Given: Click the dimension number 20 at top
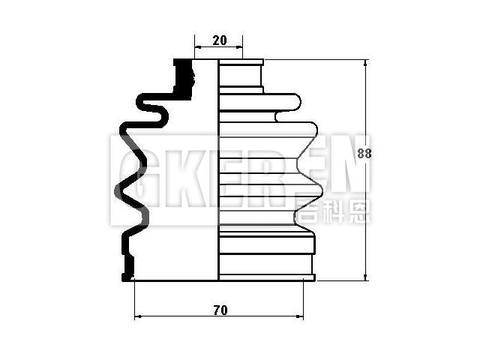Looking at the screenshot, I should click(x=220, y=41).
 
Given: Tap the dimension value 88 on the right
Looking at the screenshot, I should click(x=364, y=153).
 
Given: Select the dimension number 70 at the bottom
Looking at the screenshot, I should click(x=220, y=308).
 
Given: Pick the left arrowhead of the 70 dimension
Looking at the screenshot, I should click(x=137, y=317).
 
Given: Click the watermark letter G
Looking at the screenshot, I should click(x=131, y=180).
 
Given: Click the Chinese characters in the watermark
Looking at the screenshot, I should click(x=334, y=213).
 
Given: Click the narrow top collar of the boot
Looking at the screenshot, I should click(x=241, y=75).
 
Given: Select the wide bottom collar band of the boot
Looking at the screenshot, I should click(x=266, y=255).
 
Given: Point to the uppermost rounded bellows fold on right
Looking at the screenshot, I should click(x=289, y=102).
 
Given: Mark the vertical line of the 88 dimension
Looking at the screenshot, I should click(x=365, y=225).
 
